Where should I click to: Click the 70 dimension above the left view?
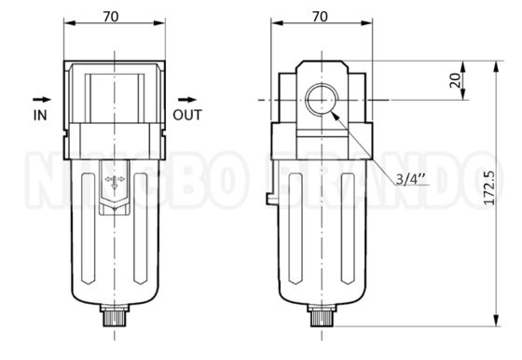(111, 16)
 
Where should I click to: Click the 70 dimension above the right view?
(320, 16)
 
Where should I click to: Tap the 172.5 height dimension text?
(489, 187)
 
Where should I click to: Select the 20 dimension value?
(455, 80)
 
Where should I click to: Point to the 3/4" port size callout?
(410, 179)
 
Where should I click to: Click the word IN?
(40, 116)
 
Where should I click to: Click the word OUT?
(187, 116)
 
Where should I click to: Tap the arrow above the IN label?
(42, 99)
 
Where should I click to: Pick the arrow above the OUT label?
(187, 99)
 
